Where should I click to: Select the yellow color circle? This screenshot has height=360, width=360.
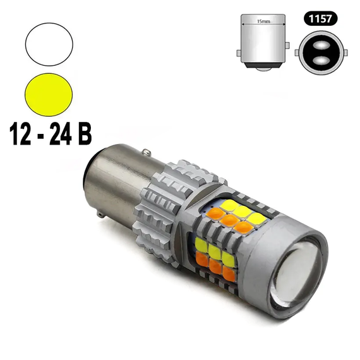[49, 95]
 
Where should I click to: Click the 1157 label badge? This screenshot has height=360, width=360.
[320, 18]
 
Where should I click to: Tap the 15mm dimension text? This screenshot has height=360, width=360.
[263, 21]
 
